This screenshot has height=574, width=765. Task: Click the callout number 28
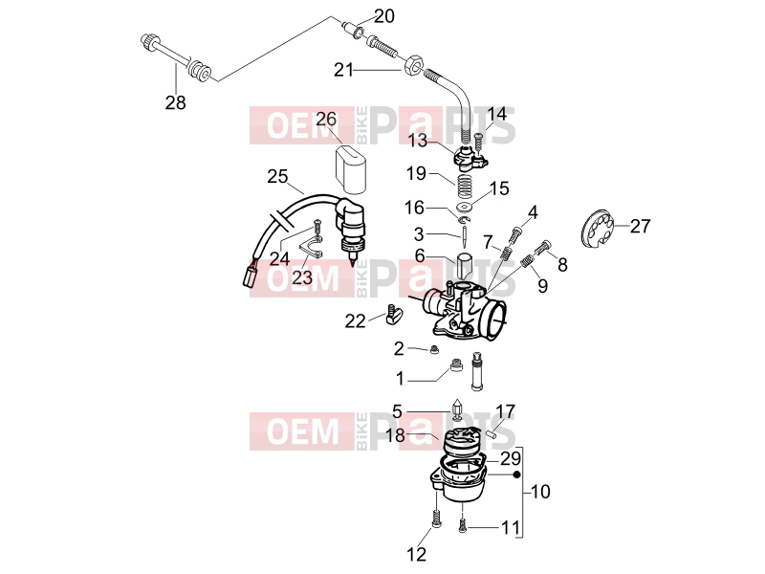click(176, 102)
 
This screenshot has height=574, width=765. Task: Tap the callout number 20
click(384, 16)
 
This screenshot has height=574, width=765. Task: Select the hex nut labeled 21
click(413, 64)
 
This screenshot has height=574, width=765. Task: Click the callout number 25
click(277, 176)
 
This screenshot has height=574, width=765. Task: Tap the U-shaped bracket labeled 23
click(311, 248)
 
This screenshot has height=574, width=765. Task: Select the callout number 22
click(355, 321)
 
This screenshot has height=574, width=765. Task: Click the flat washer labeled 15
click(464, 203)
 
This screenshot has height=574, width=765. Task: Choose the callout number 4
click(533, 212)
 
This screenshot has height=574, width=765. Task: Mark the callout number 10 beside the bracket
click(539, 492)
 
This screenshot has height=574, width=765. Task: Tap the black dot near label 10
click(517, 474)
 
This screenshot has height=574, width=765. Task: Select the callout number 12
click(416, 554)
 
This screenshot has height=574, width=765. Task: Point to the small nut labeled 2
click(433, 350)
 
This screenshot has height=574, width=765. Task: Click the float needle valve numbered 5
click(457, 409)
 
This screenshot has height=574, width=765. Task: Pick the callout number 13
click(417, 141)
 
